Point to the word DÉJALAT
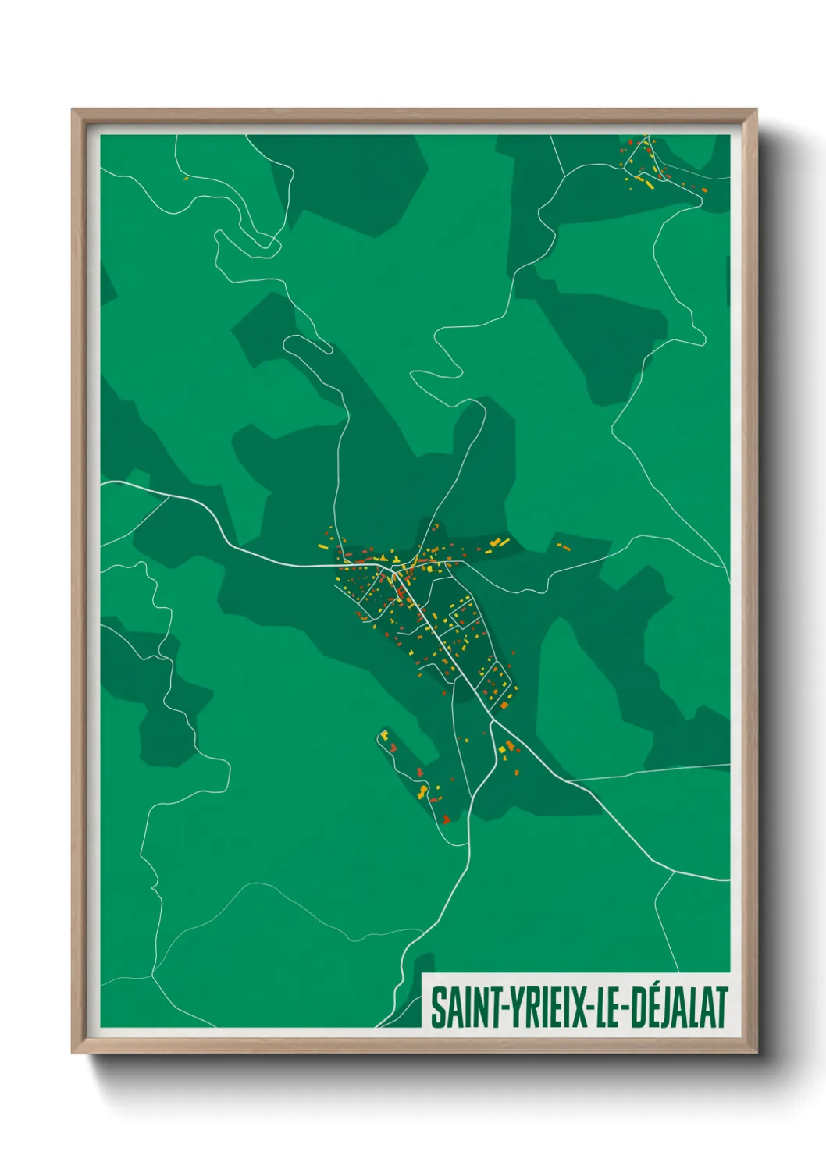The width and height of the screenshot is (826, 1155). pyautogui.click(x=678, y=1008)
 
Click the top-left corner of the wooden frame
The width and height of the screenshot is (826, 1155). pyautogui.click(x=73, y=110)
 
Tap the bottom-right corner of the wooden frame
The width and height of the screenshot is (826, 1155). pyautogui.click(x=756, y=1052)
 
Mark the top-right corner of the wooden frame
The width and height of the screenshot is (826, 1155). pyautogui.click(x=756, y=110)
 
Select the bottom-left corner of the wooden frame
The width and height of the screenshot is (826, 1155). pyautogui.click(x=73, y=1052)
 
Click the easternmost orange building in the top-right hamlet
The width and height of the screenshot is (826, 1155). pyautogui.click(x=704, y=190)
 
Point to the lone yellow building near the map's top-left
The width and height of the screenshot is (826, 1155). pyautogui.click(x=187, y=178)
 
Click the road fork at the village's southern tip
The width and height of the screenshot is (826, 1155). pyautogui.click(x=491, y=721)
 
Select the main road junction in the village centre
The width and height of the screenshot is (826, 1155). pyautogui.click(x=393, y=572)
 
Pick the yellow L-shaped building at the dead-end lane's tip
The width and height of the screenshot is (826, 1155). pyautogui.click(x=384, y=734)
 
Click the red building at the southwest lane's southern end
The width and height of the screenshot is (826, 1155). pyautogui.click(x=446, y=819)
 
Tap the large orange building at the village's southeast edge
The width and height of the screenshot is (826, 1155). pyautogui.click(x=504, y=705)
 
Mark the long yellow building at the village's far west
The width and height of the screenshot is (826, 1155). pyautogui.click(x=322, y=546)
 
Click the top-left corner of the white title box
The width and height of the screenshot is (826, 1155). pyautogui.click(x=422, y=975)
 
